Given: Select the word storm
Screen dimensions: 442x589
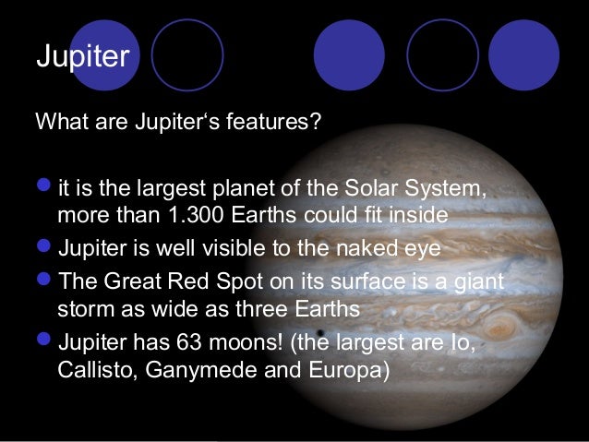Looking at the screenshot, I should [x=83, y=307].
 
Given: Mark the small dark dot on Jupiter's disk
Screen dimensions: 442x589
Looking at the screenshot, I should [x=319, y=333].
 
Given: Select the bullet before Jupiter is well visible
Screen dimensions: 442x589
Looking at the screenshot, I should [x=45, y=250].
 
